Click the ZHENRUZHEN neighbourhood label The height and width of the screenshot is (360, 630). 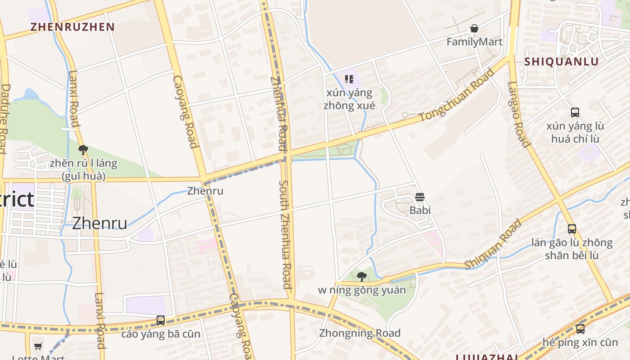click(x=72, y=27)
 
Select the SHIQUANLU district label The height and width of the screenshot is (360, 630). click(x=561, y=62)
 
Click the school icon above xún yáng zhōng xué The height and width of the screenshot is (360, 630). click(x=349, y=80)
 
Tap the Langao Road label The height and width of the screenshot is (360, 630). click(x=518, y=114)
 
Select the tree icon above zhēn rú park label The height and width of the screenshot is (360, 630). click(x=83, y=150)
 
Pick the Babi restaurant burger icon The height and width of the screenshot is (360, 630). click(x=420, y=197)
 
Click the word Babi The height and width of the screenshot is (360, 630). click(x=420, y=210)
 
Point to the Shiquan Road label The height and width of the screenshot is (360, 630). click(x=494, y=244)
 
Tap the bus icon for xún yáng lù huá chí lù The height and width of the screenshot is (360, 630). click(x=575, y=112)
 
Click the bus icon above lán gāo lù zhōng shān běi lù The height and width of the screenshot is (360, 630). click(x=571, y=229)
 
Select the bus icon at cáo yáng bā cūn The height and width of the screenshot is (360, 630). click(x=160, y=320)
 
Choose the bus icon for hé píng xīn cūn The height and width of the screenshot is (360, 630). click(x=580, y=329)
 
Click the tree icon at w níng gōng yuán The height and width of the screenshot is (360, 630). click(x=361, y=277)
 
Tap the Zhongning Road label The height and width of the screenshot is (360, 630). click(x=360, y=333)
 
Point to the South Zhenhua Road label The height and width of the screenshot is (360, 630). click(x=285, y=234)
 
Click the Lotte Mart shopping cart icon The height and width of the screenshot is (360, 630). click(x=38, y=346)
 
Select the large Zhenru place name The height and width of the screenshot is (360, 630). click(x=99, y=223)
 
